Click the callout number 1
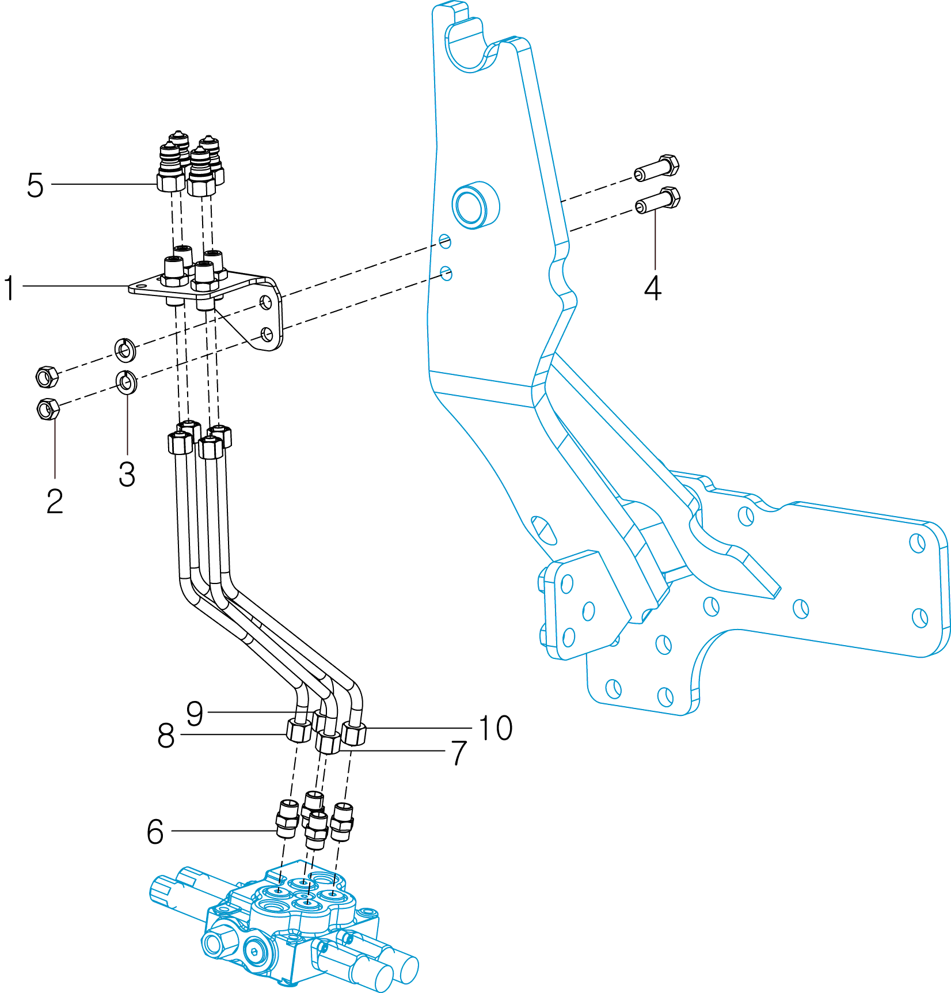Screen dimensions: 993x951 [x=9, y=288]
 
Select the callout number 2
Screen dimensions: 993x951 [x=55, y=501]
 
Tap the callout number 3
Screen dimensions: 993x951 [x=127, y=474]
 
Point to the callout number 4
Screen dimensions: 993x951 [x=652, y=288]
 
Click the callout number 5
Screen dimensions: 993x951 [x=35, y=185]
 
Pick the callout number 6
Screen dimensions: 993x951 [x=155, y=832]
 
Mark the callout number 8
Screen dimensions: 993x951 [x=166, y=736]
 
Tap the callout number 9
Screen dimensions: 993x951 [x=195, y=714]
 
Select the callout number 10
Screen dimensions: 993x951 [x=496, y=728]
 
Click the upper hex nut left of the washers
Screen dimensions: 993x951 [x=47, y=377]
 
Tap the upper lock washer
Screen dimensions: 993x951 [x=125, y=349]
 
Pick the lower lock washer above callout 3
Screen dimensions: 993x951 [x=127, y=382]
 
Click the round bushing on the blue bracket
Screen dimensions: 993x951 [x=475, y=204]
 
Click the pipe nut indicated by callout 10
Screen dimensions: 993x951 [x=353, y=733]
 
